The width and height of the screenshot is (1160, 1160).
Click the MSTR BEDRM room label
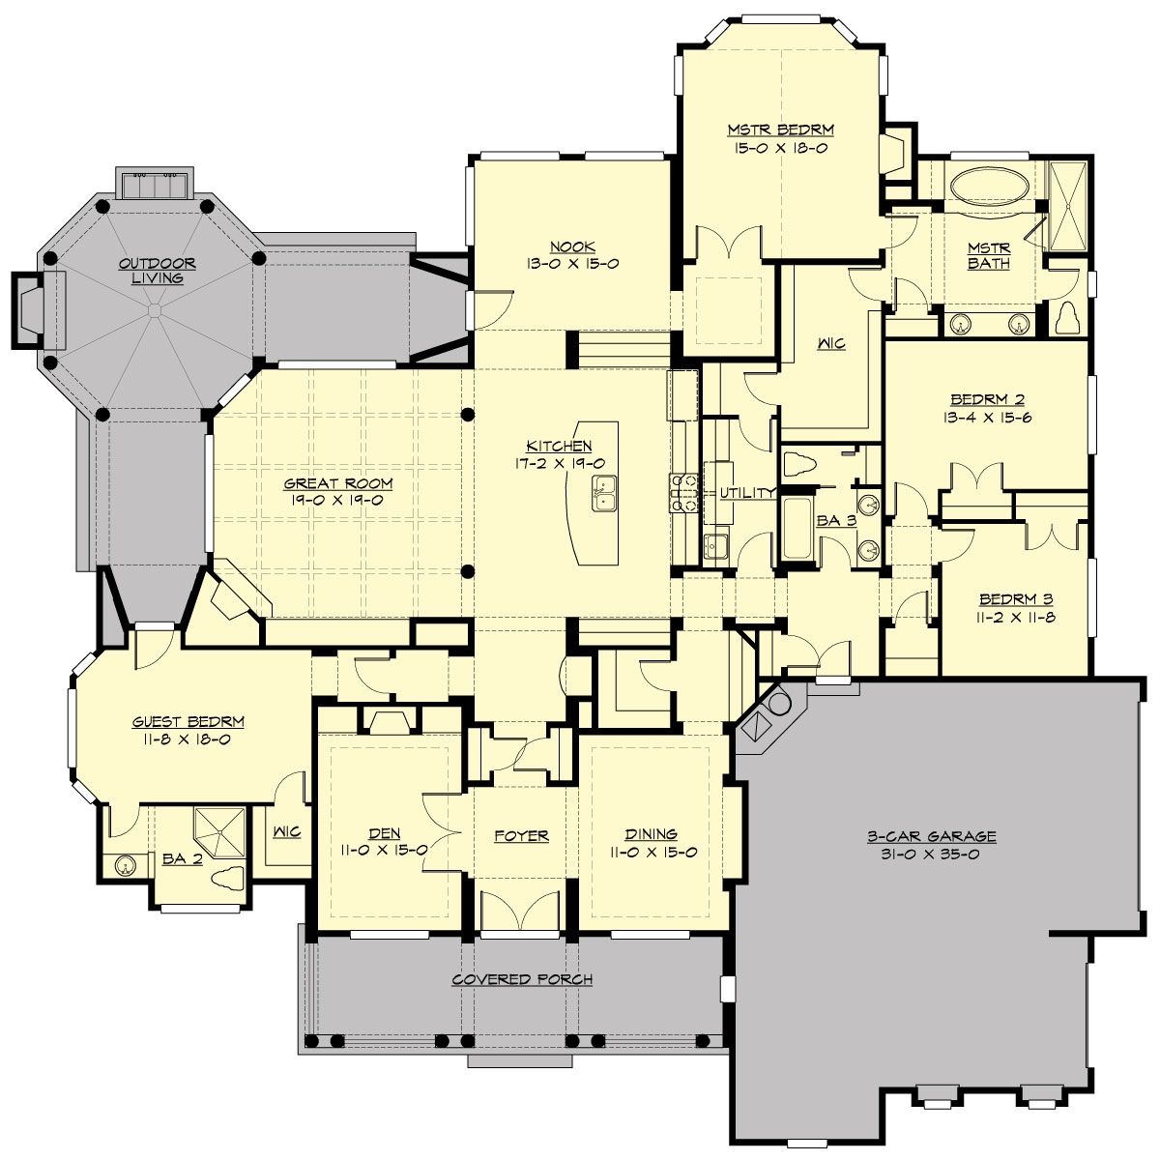(x=780, y=129)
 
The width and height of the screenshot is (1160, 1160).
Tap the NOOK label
(x=572, y=246)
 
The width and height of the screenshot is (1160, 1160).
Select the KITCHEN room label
(x=559, y=446)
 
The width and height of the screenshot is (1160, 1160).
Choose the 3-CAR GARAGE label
(x=931, y=836)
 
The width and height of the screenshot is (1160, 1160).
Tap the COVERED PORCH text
(x=522, y=979)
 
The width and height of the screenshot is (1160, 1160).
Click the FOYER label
(x=521, y=835)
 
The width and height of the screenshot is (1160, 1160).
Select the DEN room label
(x=384, y=833)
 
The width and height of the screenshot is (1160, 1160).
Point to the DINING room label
(x=651, y=833)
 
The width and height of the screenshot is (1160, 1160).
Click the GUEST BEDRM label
(x=188, y=721)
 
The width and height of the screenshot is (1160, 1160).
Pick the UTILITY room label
(x=747, y=493)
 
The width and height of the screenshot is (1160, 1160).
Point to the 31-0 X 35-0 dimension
(x=931, y=854)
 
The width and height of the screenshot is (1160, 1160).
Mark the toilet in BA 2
(x=227, y=878)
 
